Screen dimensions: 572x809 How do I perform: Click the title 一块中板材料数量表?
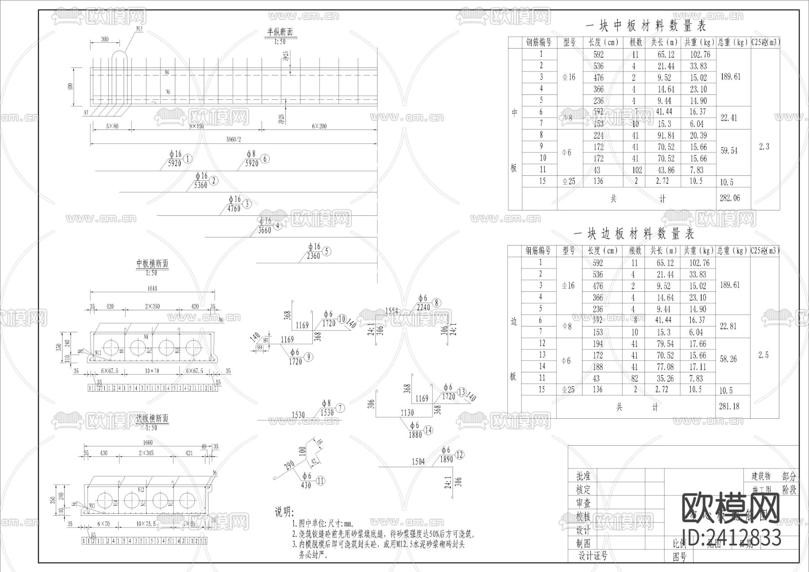646,26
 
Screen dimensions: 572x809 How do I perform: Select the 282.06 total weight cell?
729,198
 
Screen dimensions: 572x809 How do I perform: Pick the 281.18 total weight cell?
729,406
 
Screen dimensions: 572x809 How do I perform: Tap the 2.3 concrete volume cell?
764,147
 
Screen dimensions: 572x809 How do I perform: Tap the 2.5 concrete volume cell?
764,355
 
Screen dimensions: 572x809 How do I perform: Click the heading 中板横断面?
152,264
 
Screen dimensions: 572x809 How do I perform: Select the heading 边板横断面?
152,418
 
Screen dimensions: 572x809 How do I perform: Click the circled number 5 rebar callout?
327,252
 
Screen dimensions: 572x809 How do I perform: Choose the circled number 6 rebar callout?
265,159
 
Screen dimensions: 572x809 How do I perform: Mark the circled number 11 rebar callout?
320,481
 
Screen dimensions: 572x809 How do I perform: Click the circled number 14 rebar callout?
428,430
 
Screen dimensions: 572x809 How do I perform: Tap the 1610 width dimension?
152,288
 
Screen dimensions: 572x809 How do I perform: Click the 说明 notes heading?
284,512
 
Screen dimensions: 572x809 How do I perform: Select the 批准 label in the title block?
583,476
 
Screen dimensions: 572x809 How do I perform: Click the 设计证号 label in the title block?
593,556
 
